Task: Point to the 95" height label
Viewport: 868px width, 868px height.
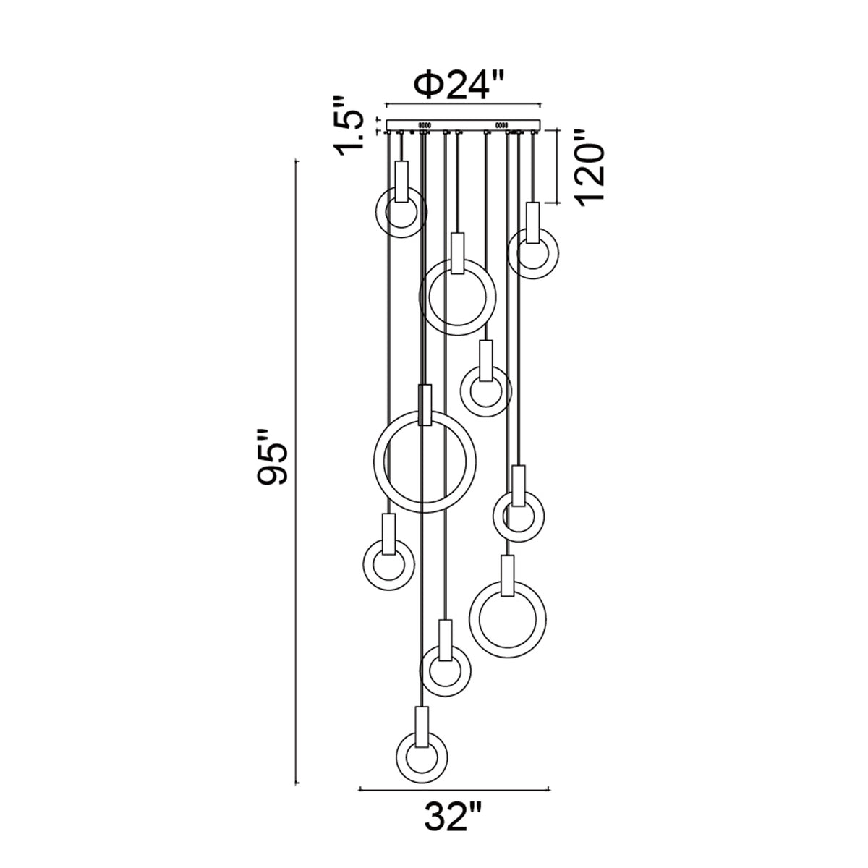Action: tap(273, 458)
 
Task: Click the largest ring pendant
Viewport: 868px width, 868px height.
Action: tap(375, 461)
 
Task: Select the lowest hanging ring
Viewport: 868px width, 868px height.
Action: tap(397, 757)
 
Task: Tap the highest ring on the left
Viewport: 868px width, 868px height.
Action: tap(378, 212)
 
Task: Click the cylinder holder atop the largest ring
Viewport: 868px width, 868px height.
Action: tap(425, 405)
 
